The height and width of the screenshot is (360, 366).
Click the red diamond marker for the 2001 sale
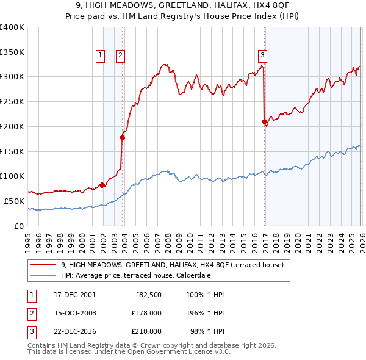coord(102,185)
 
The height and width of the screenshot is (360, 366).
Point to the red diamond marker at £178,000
coord(122,137)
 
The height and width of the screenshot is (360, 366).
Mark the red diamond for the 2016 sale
coord(264,121)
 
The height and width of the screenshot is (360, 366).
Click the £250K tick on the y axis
coord(12,101)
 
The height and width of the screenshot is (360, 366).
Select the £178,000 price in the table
coord(146,313)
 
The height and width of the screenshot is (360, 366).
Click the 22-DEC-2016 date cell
coord(74,331)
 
